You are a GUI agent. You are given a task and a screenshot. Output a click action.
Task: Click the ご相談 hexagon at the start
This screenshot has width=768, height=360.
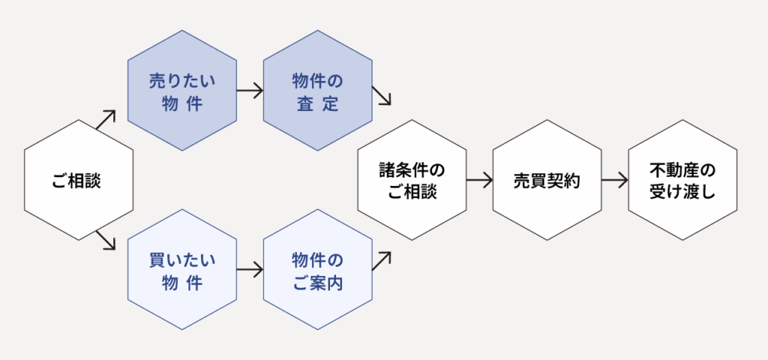click(79, 180)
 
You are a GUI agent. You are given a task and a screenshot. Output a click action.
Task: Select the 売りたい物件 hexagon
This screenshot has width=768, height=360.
click(182, 91)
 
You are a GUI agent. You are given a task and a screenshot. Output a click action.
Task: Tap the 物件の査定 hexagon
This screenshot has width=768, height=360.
click(317, 91)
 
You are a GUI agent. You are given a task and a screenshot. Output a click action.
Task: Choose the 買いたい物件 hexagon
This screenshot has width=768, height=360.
click(182, 270)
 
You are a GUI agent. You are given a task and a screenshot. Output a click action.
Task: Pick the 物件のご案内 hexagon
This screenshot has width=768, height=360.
click(317, 270)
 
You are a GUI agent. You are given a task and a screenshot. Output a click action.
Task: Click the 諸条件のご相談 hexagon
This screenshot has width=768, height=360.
click(412, 180)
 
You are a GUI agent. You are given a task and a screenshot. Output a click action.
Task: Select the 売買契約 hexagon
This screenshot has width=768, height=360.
click(547, 180)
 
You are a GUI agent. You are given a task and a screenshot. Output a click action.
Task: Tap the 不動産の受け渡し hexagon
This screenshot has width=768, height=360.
click(682, 180)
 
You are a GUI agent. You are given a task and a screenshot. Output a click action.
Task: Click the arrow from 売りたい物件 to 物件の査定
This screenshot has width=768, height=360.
click(250, 91)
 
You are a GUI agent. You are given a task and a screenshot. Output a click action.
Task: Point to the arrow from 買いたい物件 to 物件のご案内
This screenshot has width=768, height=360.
click(250, 270)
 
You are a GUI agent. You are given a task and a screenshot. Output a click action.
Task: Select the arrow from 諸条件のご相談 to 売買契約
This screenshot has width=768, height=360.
click(479, 180)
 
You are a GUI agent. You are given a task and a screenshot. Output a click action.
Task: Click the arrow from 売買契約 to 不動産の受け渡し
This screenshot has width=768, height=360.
click(614, 180)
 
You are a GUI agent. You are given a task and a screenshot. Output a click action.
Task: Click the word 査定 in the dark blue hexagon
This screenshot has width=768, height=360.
click(317, 104)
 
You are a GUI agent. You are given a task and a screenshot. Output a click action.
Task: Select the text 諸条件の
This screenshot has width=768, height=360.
click(412, 167)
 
